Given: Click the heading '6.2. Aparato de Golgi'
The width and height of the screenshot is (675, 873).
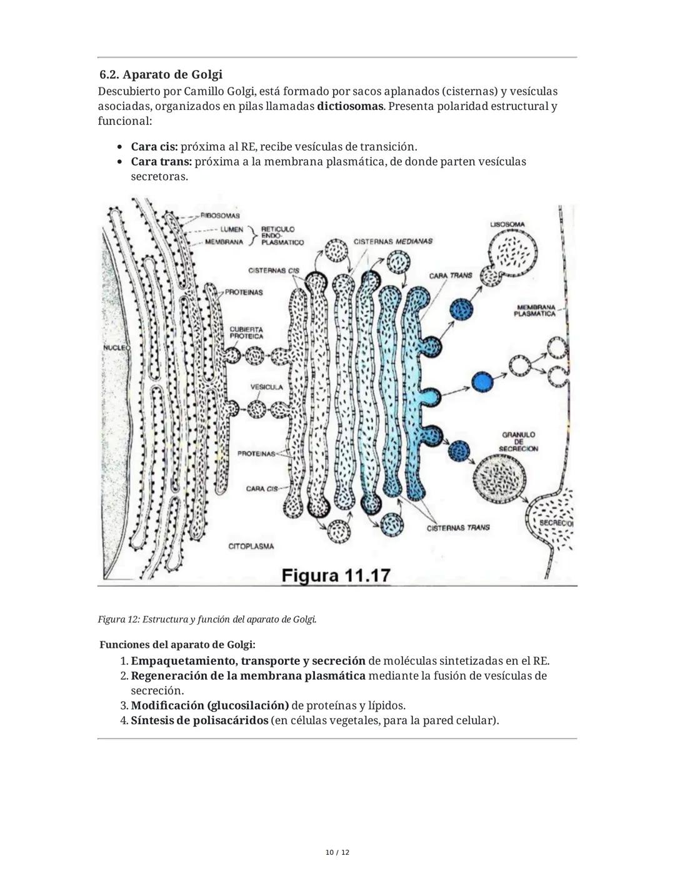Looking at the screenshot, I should (161, 74).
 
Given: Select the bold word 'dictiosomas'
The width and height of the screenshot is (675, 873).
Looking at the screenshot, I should (349, 106).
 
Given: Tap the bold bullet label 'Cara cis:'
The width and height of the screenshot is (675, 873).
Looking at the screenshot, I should (154, 146).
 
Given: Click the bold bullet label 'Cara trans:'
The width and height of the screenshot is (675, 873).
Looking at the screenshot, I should (161, 161).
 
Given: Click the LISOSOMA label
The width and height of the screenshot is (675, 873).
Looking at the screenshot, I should (507, 224).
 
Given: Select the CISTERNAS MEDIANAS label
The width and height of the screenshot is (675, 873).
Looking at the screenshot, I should (392, 241).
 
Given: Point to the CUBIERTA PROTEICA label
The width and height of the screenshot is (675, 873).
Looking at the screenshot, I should (246, 332).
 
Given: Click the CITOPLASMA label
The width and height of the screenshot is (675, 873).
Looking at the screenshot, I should (251, 546).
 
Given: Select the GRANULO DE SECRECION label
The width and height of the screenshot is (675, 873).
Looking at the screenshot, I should (518, 441).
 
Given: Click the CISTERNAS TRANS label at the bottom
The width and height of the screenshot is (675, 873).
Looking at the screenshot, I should (458, 527).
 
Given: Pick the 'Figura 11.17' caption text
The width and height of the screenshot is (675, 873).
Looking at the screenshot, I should (336, 575).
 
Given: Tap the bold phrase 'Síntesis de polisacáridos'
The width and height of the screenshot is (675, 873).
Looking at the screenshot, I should (199, 721).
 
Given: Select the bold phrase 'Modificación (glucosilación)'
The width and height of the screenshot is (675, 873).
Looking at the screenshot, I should (209, 706).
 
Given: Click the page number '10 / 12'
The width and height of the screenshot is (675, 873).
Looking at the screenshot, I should (337, 852).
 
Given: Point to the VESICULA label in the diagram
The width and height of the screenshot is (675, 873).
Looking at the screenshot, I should (266, 387).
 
